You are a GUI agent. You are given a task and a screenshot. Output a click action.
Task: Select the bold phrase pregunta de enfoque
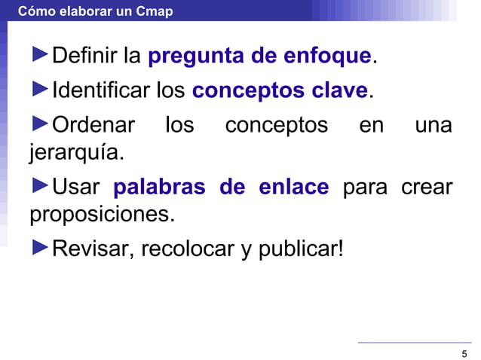pyautogui.click(x=259, y=56)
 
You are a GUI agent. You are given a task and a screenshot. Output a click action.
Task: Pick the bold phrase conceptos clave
pyautogui.click(x=280, y=91)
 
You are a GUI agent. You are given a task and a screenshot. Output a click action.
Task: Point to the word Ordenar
pyautogui.click(x=93, y=124)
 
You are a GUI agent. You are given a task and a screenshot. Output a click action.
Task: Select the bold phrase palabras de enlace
pyautogui.click(x=221, y=186)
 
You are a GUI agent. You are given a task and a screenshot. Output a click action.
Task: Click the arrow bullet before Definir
pyautogui.click(x=39, y=55)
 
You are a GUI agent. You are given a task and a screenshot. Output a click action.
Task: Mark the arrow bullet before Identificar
pyautogui.click(x=39, y=90)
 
